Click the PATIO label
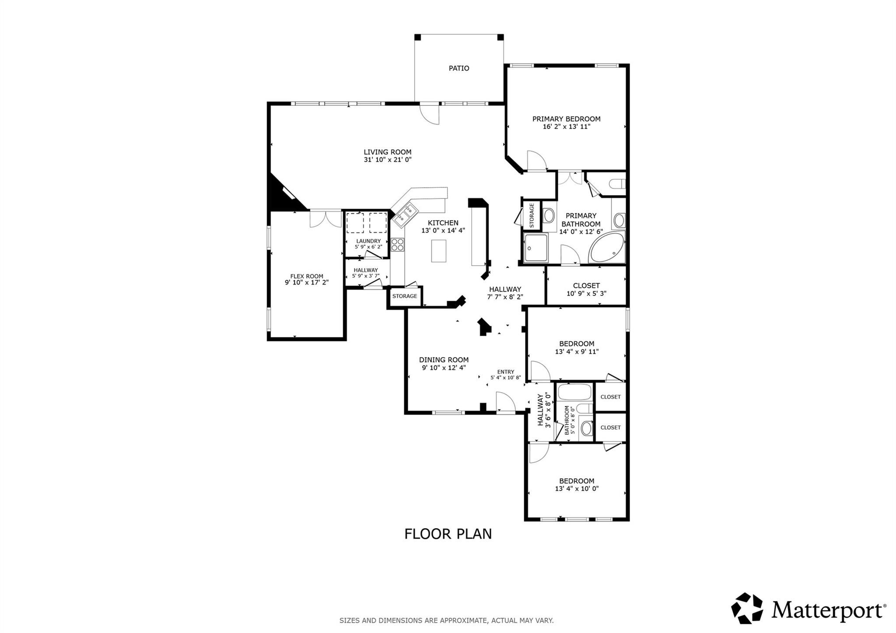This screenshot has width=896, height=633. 459,68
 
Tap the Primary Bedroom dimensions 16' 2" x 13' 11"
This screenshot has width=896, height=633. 567,127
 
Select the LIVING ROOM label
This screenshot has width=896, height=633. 388,152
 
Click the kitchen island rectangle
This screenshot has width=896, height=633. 438,250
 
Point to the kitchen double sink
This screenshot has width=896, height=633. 403,216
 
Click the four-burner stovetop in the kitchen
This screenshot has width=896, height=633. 397,244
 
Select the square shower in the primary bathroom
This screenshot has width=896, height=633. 535,248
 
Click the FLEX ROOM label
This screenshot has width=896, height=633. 307,276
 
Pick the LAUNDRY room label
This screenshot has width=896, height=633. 368,241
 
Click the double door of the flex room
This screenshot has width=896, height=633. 325,219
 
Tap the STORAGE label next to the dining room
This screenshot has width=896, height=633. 405,296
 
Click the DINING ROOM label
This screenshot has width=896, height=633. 444,360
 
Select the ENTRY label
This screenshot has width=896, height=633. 506,372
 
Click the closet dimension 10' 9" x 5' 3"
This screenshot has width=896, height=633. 586,294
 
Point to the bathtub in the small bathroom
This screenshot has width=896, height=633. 575,393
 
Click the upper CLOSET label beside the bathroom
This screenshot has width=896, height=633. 610,397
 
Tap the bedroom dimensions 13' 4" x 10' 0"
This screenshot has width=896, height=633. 577,489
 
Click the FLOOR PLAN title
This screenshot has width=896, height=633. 448,534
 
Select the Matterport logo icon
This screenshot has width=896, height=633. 747,608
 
